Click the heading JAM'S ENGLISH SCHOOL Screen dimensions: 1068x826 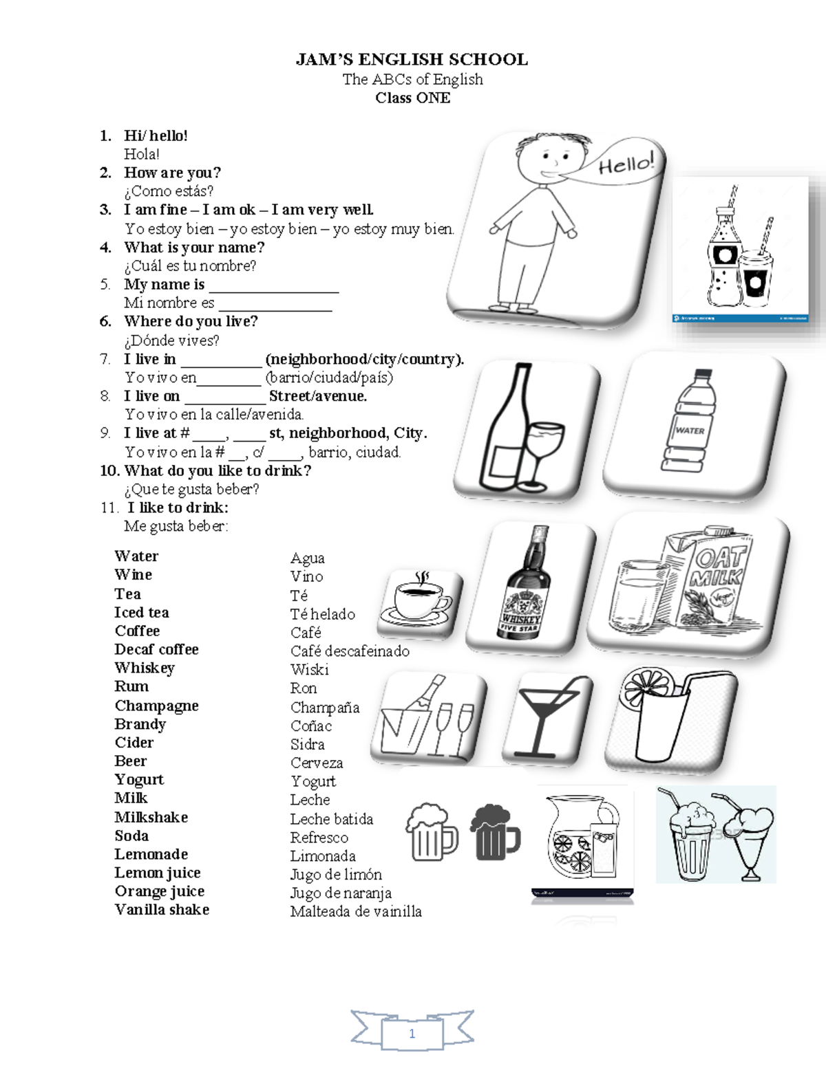pos(412,60)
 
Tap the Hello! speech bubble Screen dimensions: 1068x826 pos(623,164)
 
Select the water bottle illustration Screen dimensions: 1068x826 pos(690,421)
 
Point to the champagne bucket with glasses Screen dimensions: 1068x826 pos(427,719)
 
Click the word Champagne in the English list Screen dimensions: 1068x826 pos(156,706)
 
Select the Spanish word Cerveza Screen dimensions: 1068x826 pos(316,763)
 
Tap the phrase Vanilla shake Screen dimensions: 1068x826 pos(162,910)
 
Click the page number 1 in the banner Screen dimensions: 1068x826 pos(412,1034)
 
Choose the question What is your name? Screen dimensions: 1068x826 pos(193,247)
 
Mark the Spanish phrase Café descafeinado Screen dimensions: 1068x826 pos(350,651)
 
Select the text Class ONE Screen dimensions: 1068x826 pos(412,98)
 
